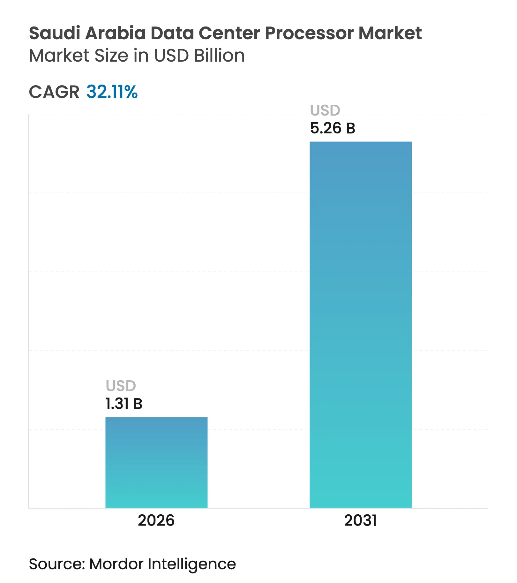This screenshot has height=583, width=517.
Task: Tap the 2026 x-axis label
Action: click(156, 521)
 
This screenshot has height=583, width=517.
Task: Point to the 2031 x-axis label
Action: click(361, 521)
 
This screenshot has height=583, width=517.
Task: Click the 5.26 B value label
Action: click(333, 128)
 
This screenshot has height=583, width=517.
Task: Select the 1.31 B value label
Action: click(124, 404)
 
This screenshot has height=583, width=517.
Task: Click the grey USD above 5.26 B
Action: click(325, 110)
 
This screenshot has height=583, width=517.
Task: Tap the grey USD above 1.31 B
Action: click(121, 386)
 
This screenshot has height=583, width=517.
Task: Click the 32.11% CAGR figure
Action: click(112, 92)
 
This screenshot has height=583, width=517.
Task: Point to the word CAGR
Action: click(54, 92)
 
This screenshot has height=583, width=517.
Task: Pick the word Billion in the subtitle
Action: click(219, 56)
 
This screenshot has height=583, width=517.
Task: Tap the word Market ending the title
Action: click(390, 33)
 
